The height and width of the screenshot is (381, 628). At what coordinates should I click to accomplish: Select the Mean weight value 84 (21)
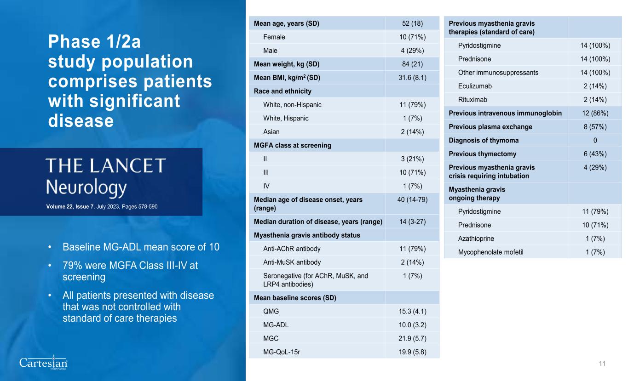[x=412, y=64]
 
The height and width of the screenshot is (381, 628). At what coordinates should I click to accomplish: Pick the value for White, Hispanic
[x=412, y=118]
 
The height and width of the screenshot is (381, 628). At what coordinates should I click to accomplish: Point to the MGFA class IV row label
[x=266, y=186]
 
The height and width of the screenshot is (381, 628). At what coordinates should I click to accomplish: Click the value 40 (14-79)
[x=412, y=199]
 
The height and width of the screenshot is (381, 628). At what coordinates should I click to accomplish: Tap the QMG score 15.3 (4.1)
[x=412, y=311]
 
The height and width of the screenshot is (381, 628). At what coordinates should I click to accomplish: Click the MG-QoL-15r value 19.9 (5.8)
[x=412, y=352]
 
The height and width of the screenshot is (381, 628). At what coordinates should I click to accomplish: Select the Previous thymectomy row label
[x=483, y=154]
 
